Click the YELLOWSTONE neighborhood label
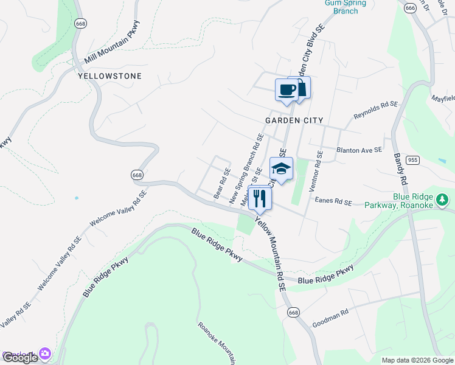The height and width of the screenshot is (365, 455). coord(109,76)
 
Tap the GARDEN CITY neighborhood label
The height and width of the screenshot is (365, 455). coord(294,120)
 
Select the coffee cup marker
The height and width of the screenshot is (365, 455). coord(287,90)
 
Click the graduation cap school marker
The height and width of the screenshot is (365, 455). coord(281,169)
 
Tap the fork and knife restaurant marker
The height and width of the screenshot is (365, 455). coord(260,197)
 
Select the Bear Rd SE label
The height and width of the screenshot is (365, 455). coord(222,183)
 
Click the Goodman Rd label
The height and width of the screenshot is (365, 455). coord(330,317)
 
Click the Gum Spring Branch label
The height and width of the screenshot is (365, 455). coord(346,7)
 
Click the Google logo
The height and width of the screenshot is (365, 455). coord(21,358)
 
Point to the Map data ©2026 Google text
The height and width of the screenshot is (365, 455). coord(417,360)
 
